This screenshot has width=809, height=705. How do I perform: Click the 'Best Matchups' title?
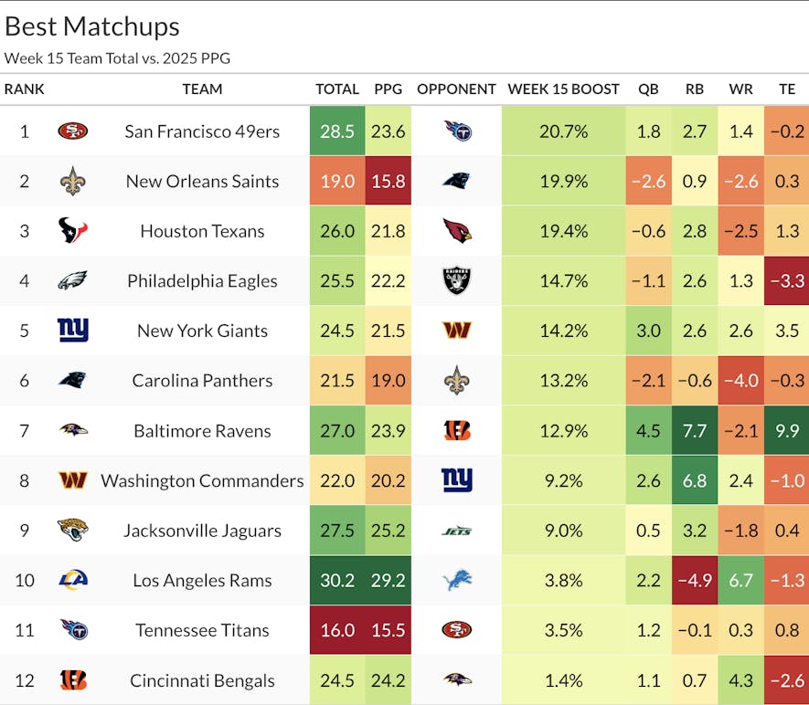tap(92, 26)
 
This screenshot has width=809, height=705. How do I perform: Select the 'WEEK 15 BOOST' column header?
tap(563, 89)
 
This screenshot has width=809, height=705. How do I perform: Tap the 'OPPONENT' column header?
tap(456, 89)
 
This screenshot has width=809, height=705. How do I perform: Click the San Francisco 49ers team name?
tap(202, 132)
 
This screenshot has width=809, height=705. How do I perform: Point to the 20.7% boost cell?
tap(563, 132)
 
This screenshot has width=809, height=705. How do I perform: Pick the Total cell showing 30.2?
tap(337, 581)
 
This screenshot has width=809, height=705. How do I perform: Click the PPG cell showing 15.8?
tap(389, 181)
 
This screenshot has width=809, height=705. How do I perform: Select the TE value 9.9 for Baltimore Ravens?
tap(786, 431)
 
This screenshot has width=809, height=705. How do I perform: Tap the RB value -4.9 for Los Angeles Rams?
tap(695, 581)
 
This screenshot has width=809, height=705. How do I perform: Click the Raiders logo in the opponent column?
tap(456, 281)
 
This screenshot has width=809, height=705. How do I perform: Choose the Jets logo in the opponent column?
tap(456, 531)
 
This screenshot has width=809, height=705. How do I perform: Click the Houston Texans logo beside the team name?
tap(72, 231)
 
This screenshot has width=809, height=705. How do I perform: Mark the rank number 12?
tap(24, 680)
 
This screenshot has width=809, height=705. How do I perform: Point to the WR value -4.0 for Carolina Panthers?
tap(741, 381)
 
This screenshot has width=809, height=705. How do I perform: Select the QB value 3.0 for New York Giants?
tap(648, 331)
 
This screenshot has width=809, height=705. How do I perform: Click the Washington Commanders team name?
tap(202, 481)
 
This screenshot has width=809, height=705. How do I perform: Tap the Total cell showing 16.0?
tap(337, 630)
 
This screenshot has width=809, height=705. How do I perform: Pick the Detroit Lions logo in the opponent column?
tap(456, 581)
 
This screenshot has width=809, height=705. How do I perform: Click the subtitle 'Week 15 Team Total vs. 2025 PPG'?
tap(117, 58)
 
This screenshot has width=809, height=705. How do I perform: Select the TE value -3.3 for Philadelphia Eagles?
tap(786, 281)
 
